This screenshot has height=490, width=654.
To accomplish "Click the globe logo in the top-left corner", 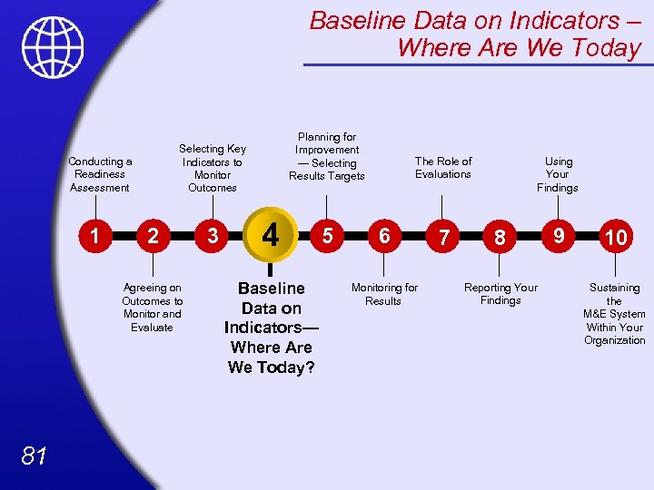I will (x=54, y=47).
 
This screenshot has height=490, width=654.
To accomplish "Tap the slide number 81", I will (x=34, y=456).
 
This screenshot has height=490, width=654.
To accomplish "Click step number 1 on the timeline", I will (x=94, y=236).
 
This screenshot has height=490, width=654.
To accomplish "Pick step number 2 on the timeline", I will (x=154, y=237).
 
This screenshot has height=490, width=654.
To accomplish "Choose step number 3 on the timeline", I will (x=213, y=237).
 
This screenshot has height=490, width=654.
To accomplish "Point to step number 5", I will (x=326, y=235).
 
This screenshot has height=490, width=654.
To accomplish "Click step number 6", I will (x=384, y=236).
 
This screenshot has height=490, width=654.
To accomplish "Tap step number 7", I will (x=442, y=238).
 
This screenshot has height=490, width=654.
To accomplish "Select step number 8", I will (x=500, y=238).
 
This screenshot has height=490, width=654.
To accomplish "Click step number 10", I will (x=616, y=238).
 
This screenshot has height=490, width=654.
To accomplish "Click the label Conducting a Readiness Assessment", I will (x=100, y=174).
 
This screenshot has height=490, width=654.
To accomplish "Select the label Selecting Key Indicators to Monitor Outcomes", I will (x=213, y=168).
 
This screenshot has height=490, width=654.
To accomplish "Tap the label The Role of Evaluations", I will (x=443, y=168).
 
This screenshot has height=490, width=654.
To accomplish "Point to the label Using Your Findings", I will (x=557, y=174).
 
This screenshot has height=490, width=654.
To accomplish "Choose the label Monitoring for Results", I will (x=384, y=294).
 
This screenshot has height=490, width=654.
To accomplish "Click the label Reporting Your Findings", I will (x=500, y=294).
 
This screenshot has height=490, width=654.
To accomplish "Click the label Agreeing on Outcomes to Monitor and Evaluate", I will (x=153, y=308).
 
